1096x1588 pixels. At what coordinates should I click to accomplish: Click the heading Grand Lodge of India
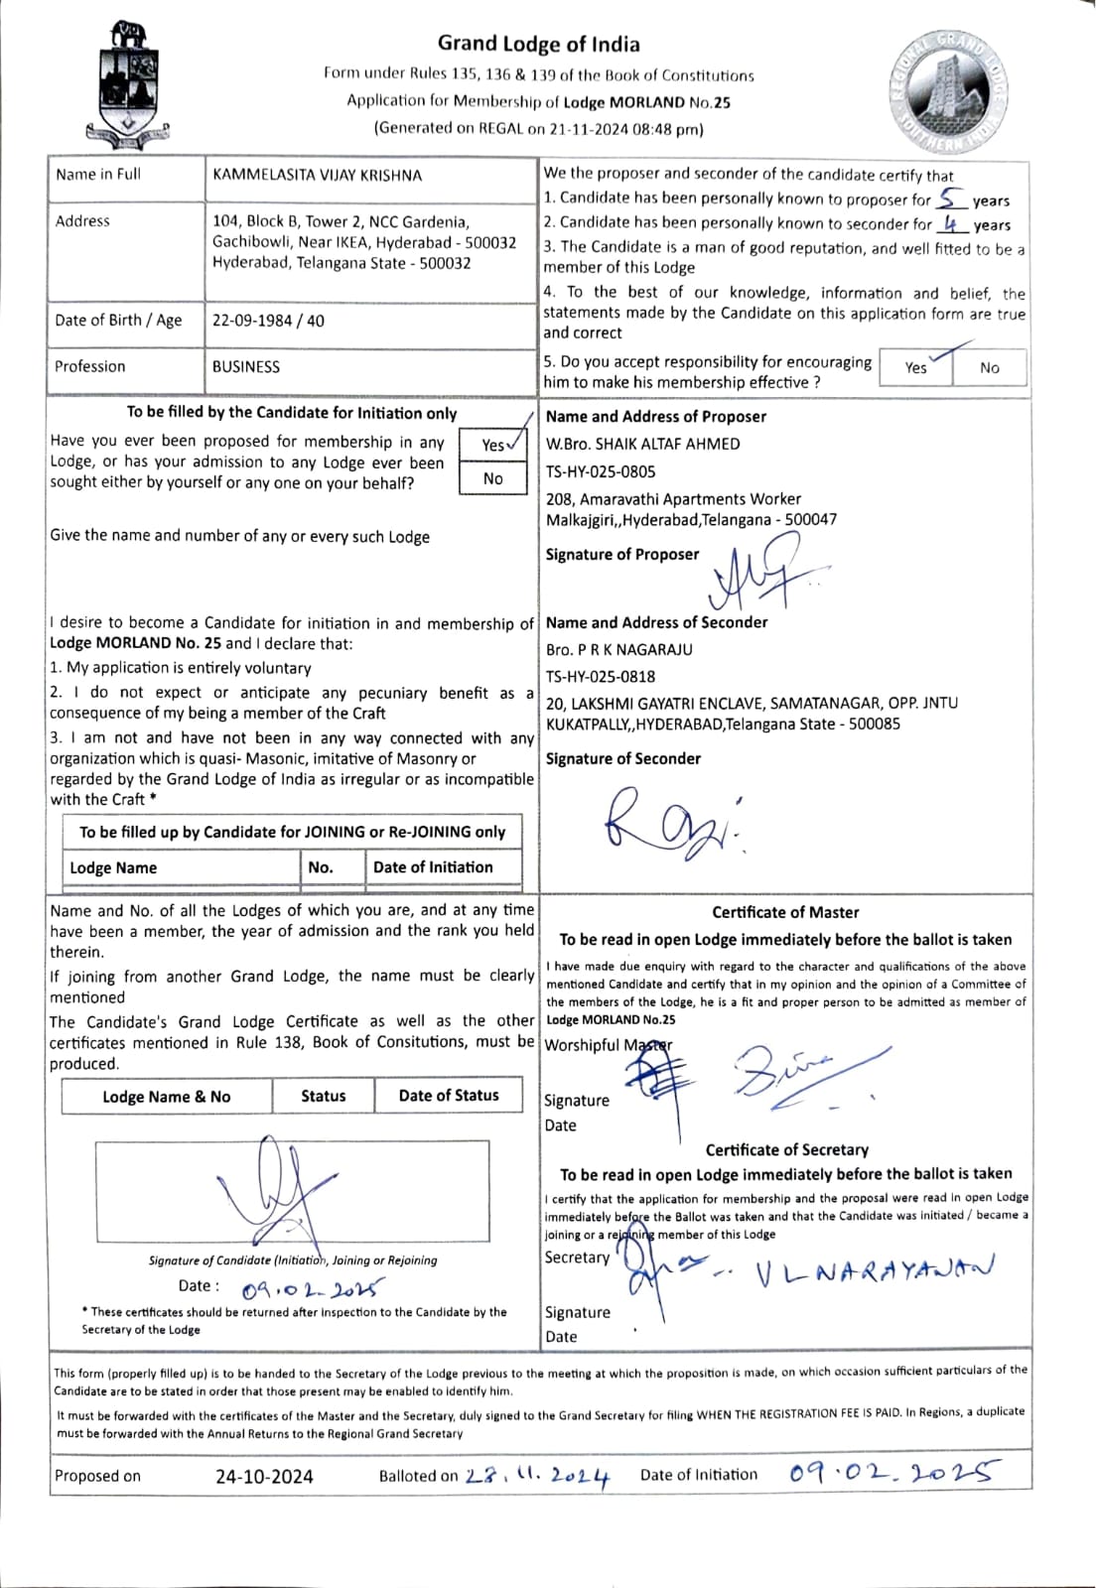tap(538, 44)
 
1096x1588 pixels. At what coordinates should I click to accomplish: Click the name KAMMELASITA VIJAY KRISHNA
tap(317, 176)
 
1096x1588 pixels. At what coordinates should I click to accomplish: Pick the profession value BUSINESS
tap(246, 367)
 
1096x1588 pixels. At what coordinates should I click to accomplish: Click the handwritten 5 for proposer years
tap(950, 198)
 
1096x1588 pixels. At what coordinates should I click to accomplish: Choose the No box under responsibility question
tap(990, 368)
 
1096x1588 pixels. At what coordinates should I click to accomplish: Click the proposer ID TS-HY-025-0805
tap(601, 472)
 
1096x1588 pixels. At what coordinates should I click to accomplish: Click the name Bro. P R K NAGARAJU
tap(619, 650)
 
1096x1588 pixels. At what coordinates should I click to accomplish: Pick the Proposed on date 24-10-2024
tap(264, 1477)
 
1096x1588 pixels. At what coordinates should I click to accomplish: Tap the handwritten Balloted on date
tap(537, 1477)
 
